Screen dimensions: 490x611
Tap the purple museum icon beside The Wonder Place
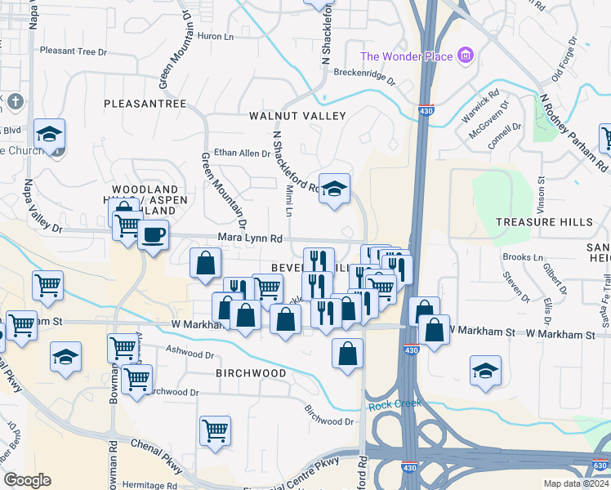tap(466, 56)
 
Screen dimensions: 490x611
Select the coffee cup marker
tap(153, 236)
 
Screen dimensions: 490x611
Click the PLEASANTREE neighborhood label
tap(145, 104)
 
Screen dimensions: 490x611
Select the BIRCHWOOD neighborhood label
tap(251, 373)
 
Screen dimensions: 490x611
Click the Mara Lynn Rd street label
tap(250, 238)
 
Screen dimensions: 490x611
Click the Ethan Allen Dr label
tap(242, 153)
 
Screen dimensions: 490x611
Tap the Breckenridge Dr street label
tap(363, 78)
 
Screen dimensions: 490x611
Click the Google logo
tap(27, 480)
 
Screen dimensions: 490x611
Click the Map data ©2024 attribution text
tap(577, 483)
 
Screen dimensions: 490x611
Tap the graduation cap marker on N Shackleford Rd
tap(334, 189)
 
